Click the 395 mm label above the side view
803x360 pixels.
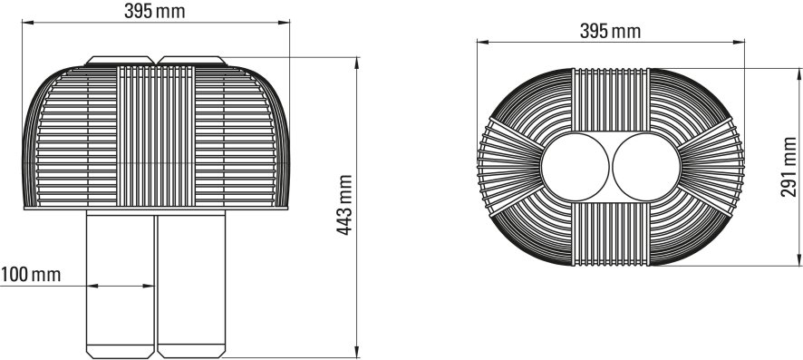157,10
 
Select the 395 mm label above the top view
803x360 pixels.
609,32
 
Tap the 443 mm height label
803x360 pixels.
345,207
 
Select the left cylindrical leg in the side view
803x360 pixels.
121,281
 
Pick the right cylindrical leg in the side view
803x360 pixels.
191,281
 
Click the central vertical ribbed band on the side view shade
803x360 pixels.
156,136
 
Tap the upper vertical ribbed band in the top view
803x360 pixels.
609,100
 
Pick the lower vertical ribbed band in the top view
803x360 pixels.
609,235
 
